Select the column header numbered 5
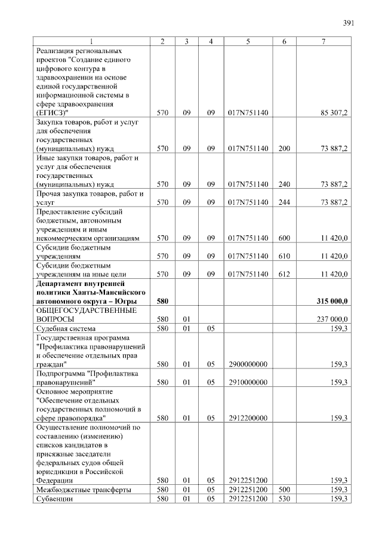(x=247, y=41)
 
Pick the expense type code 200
(x=284, y=148)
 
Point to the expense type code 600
(x=284, y=238)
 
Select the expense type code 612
(x=284, y=274)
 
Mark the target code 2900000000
(x=248, y=364)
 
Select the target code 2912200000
(x=248, y=418)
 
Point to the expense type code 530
(x=284, y=499)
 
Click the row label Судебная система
(x=66, y=328)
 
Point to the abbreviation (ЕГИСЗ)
(x=51, y=113)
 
